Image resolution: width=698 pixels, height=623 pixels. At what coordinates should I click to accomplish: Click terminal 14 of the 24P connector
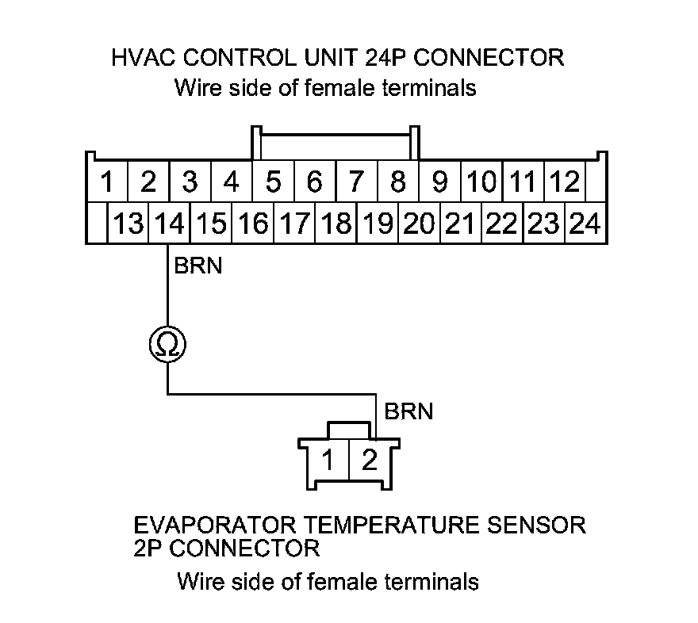(x=167, y=224)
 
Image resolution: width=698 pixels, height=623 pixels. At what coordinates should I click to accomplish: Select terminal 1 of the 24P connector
(x=106, y=183)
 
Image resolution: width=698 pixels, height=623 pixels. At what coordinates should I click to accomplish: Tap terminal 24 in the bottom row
(x=585, y=224)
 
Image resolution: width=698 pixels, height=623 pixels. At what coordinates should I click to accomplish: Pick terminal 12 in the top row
(x=565, y=183)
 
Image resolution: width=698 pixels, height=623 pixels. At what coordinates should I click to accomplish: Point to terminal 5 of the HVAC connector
(x=273, y=183)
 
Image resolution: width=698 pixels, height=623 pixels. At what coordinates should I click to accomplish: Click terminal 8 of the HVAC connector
(x=398, y=183)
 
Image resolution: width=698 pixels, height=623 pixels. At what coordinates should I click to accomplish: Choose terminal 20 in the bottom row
(x=418, y=224)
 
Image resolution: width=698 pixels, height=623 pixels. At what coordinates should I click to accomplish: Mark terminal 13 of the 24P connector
(x=127, y=224)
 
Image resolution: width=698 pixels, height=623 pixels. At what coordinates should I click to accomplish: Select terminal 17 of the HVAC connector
(x=294, y=224)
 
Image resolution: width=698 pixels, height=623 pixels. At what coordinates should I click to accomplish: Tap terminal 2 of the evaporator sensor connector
(x=369, y=460)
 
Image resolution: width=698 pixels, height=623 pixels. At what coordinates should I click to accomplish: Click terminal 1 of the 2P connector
(x=328, y=460)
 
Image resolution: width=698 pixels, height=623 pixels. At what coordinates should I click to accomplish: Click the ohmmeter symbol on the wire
(x=167, y=344)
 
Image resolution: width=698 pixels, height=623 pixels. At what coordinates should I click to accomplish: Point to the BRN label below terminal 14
(x=198, y=266)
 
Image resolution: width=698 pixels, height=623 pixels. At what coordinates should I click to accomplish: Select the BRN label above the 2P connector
(x=408, y=411)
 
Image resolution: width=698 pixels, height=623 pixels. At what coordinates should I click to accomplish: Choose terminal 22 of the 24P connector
(x=501, y=224)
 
